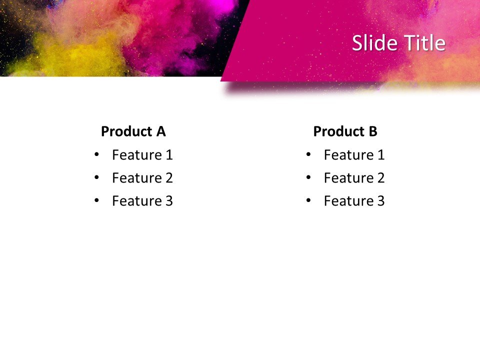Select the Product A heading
(x=133, y=131)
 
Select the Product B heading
(x=345, y=131)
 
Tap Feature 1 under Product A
(x=142, y=155)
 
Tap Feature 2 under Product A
(x=142, y=178)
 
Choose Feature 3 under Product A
(x=142, y=201)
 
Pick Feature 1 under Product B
(x=354, y=155)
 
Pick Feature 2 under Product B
(x=354, y=178)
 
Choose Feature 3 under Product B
(x=354, y=201)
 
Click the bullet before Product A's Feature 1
(x=96, y=154)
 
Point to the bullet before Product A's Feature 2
(x=96, y=177)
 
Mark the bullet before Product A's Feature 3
(x=96, y=200)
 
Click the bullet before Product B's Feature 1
(x=308, y=154)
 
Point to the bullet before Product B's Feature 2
(x=308, y=177)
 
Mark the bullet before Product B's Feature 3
(x=308, y=200)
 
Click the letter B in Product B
(x=372, y=131)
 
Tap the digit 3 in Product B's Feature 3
(x=380, y=201)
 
